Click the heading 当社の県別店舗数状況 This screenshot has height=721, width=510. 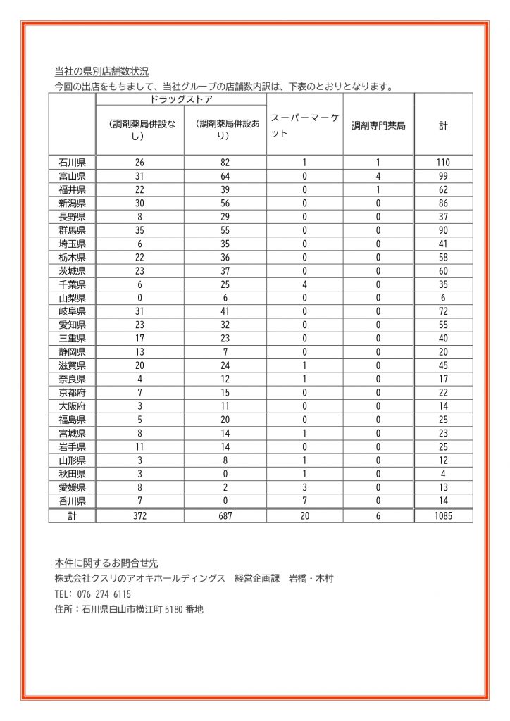tap(101, 71)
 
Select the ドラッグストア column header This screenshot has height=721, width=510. tap(182, 100)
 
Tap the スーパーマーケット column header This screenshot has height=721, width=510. tap(304, 125)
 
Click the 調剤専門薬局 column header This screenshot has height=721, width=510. tap(378, 126)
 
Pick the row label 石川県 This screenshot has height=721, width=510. tap(72, 162)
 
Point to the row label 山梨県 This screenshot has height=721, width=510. tap(72, 297)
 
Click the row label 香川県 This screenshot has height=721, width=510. tap(72, 501)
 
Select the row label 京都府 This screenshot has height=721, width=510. tap(72, 392)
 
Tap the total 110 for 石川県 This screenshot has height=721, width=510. tap(443, 162)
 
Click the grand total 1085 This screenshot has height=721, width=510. tap(443, 515)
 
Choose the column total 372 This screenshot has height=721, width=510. tap(139, 515)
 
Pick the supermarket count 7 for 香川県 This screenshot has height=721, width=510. tap(304, 501)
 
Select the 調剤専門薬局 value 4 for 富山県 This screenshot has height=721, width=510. tap(378, 175)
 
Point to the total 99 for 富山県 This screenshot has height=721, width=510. tap(443, 175)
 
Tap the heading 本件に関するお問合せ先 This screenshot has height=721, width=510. tap(106, 563)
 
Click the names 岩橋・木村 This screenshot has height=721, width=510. tap(311, 579)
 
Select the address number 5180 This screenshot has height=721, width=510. tap(174, 610)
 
